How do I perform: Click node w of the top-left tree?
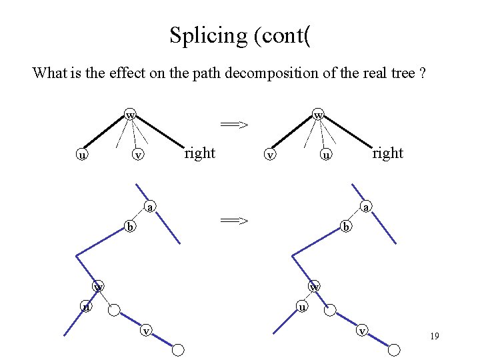click(131, 115)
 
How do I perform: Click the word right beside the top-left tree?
click(199, 153)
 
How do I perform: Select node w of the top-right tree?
click(319, 115)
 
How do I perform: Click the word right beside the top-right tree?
click(387, 153)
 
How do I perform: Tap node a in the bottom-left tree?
click(151, 208)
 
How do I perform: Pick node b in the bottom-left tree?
click(131, 227)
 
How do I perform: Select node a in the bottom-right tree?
click(365, 208)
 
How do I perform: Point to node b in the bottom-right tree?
click(345, 227)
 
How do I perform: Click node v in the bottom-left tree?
click(145, 329)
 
